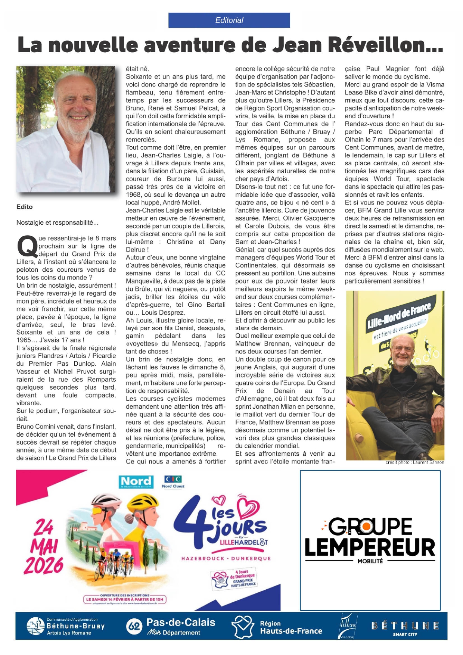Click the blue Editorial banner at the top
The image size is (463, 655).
coord(229,20)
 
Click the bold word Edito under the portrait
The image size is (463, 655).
coord(25,207)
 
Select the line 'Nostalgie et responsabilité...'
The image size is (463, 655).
coord(57,223)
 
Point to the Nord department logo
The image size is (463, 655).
coord(136,482)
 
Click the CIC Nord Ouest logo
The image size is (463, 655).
coord(173,481)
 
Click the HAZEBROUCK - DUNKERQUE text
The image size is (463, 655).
coord(226,559)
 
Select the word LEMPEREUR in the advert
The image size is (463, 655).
coord(370,548)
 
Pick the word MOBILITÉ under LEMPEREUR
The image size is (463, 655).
coord(370,561)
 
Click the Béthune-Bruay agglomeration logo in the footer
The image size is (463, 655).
coord(66,626)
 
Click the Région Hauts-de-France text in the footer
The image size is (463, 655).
coord(290,627)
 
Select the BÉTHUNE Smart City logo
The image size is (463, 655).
coord(405,627)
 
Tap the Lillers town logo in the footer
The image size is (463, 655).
coord(348,626)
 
